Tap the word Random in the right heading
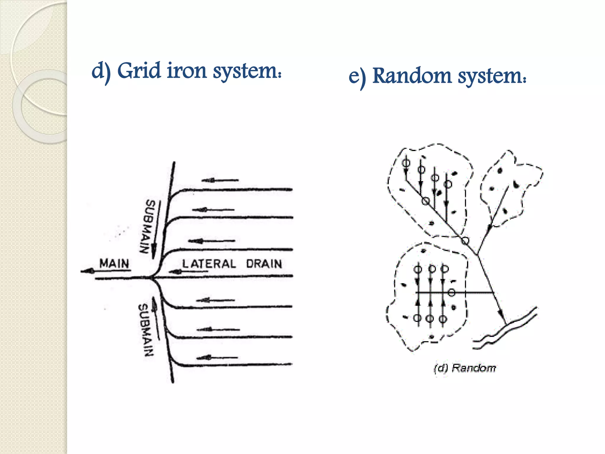point(412,76)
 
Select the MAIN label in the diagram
point(114,263)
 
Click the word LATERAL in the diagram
point(209,264)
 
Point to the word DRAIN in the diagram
point(264,264)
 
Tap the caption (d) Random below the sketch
point(465,368)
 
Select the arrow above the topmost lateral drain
point(220,180)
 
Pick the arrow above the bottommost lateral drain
point(217,358)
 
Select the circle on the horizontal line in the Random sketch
point(451,293)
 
